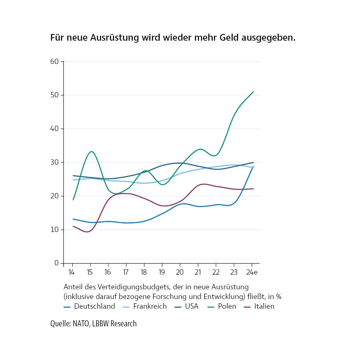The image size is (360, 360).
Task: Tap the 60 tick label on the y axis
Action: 55,61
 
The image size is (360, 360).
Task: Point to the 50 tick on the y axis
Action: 55,95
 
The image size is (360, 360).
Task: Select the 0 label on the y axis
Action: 57,263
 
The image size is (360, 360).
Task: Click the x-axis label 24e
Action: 252,272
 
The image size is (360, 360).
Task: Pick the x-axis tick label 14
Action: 71,272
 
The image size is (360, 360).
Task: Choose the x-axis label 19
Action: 162,272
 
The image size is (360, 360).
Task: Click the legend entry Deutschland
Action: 94,306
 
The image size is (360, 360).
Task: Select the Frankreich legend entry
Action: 150,306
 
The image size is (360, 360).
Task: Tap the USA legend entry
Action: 191,306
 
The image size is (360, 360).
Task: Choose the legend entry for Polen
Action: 227,306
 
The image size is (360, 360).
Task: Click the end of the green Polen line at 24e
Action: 253,91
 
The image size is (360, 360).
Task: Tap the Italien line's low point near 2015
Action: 88,232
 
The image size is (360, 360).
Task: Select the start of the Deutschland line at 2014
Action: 73,219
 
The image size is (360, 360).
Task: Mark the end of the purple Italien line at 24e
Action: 253,189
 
